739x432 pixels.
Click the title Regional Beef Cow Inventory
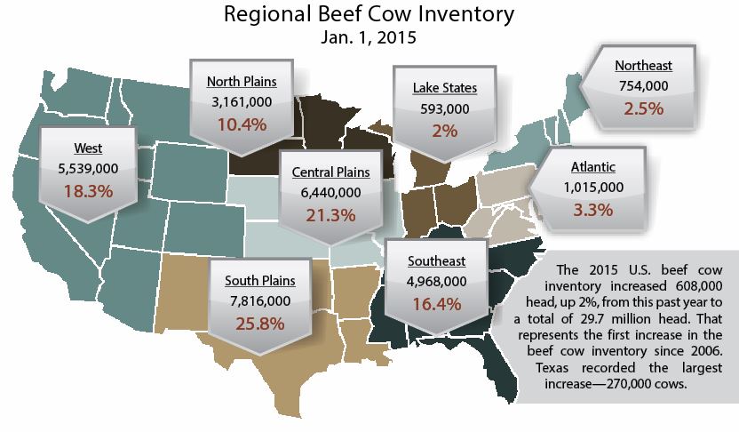(x=369, y=15)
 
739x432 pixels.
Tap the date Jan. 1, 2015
(x=369, y=38)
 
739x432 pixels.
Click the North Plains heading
(x=242, y=81)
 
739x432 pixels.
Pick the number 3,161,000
(x=242, y=101)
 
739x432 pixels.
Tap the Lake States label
(x=445, y=88)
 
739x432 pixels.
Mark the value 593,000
(x=445, y=109)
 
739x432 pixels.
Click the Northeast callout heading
(x=643, y=65)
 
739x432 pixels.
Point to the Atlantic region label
(x=592, y=166)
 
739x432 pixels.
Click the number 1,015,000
(x=592, y=188)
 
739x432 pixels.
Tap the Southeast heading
(x=436, y=260)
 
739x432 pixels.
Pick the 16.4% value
(x=436, y=303)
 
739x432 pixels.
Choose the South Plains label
(x=259, y=281)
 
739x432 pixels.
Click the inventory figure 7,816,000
(x=259, y=302)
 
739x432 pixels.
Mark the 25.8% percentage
(x=259, y=324)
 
